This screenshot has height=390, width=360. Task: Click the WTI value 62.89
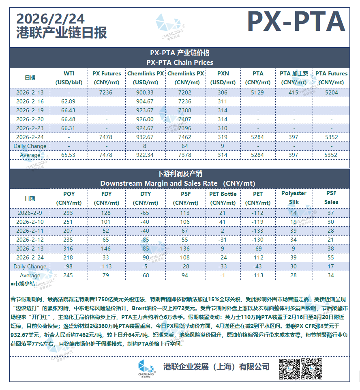click(69, 101)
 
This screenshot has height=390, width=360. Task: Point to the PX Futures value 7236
click(106, 92)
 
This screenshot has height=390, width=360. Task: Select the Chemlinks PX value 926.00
click(146, 119)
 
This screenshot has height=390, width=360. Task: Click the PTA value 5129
click(257, 92)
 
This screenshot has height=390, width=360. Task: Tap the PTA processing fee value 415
click(294, 92)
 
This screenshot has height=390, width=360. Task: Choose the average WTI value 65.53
click(69, 155)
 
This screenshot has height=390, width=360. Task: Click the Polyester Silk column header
click(294, 198)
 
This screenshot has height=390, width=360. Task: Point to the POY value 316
click(69, 249)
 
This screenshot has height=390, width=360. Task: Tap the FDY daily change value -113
click(106, 266)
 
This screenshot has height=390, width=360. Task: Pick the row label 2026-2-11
click(30, 231)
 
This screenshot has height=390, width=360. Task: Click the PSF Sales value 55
click(331, 257)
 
